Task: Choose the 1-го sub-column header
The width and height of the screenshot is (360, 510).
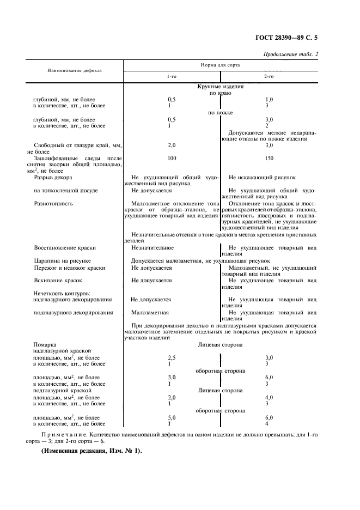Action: pyautogui.click(x=172, y=77)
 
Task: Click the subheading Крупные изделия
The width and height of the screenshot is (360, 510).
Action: pyautogui.click(x=221, y=87)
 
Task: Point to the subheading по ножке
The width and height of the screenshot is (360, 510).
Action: pyautogui.click(x=221, y=113)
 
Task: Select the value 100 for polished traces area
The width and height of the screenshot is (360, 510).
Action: pyautogui.click(x=172, y=158)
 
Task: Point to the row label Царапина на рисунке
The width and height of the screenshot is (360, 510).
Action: pyautogui.click(x=62, y=261)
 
